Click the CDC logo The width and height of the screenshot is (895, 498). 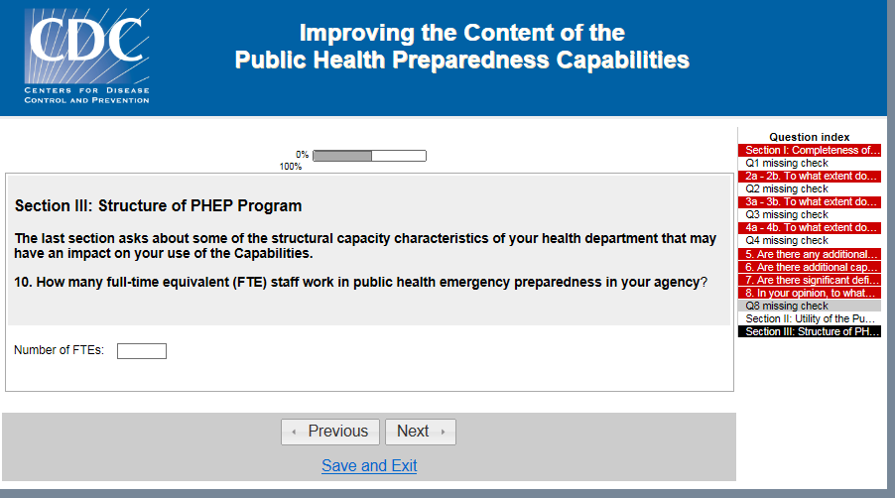point(86,56)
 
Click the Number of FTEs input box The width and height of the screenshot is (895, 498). point(142,351)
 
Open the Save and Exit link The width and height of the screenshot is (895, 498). point(369,465)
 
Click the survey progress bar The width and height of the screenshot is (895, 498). point(369,156)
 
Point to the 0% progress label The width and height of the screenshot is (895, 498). point(302,155)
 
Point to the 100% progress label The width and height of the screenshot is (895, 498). point(291,167)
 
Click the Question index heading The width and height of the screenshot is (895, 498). point(810,137)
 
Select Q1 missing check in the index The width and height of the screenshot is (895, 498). point(787,163)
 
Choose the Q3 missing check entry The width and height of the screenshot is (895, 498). point(787,214)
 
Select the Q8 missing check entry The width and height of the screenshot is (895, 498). point(787,306)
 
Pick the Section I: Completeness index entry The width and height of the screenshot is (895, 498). point(810,150)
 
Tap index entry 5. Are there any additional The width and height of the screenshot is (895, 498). point(810,254)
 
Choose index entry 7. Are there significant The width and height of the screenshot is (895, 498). point(810,280)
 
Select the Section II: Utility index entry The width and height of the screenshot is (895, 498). point(810,318)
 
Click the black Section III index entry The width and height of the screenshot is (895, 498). point(810,331)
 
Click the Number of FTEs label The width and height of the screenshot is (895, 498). point(59,350)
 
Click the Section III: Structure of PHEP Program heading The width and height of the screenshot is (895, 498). point(158,206)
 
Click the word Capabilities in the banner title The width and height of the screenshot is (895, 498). point(623,60)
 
